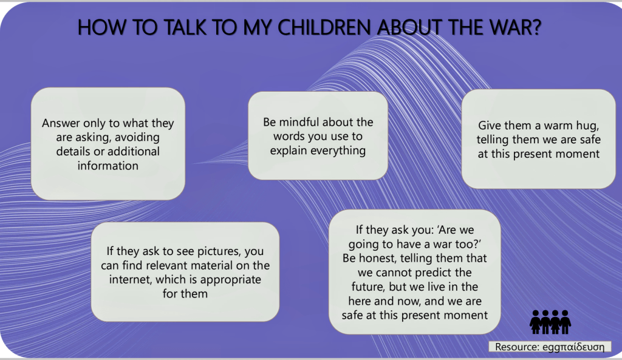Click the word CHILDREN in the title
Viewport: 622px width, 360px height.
tap(325, 27)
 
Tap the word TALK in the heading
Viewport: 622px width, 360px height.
tap(185, 27)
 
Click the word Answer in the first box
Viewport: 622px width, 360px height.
tap(61, 123)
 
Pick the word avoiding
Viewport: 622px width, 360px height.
tap(138, 138)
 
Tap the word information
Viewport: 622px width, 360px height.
tap(108, 166)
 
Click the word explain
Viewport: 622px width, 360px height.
tap(289, 151)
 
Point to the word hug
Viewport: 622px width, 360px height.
tap(586, 126)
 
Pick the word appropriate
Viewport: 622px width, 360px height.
tap(230, 280)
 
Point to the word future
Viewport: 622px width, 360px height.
tap(369, 287)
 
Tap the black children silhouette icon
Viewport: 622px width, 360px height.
tap(550, 322)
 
